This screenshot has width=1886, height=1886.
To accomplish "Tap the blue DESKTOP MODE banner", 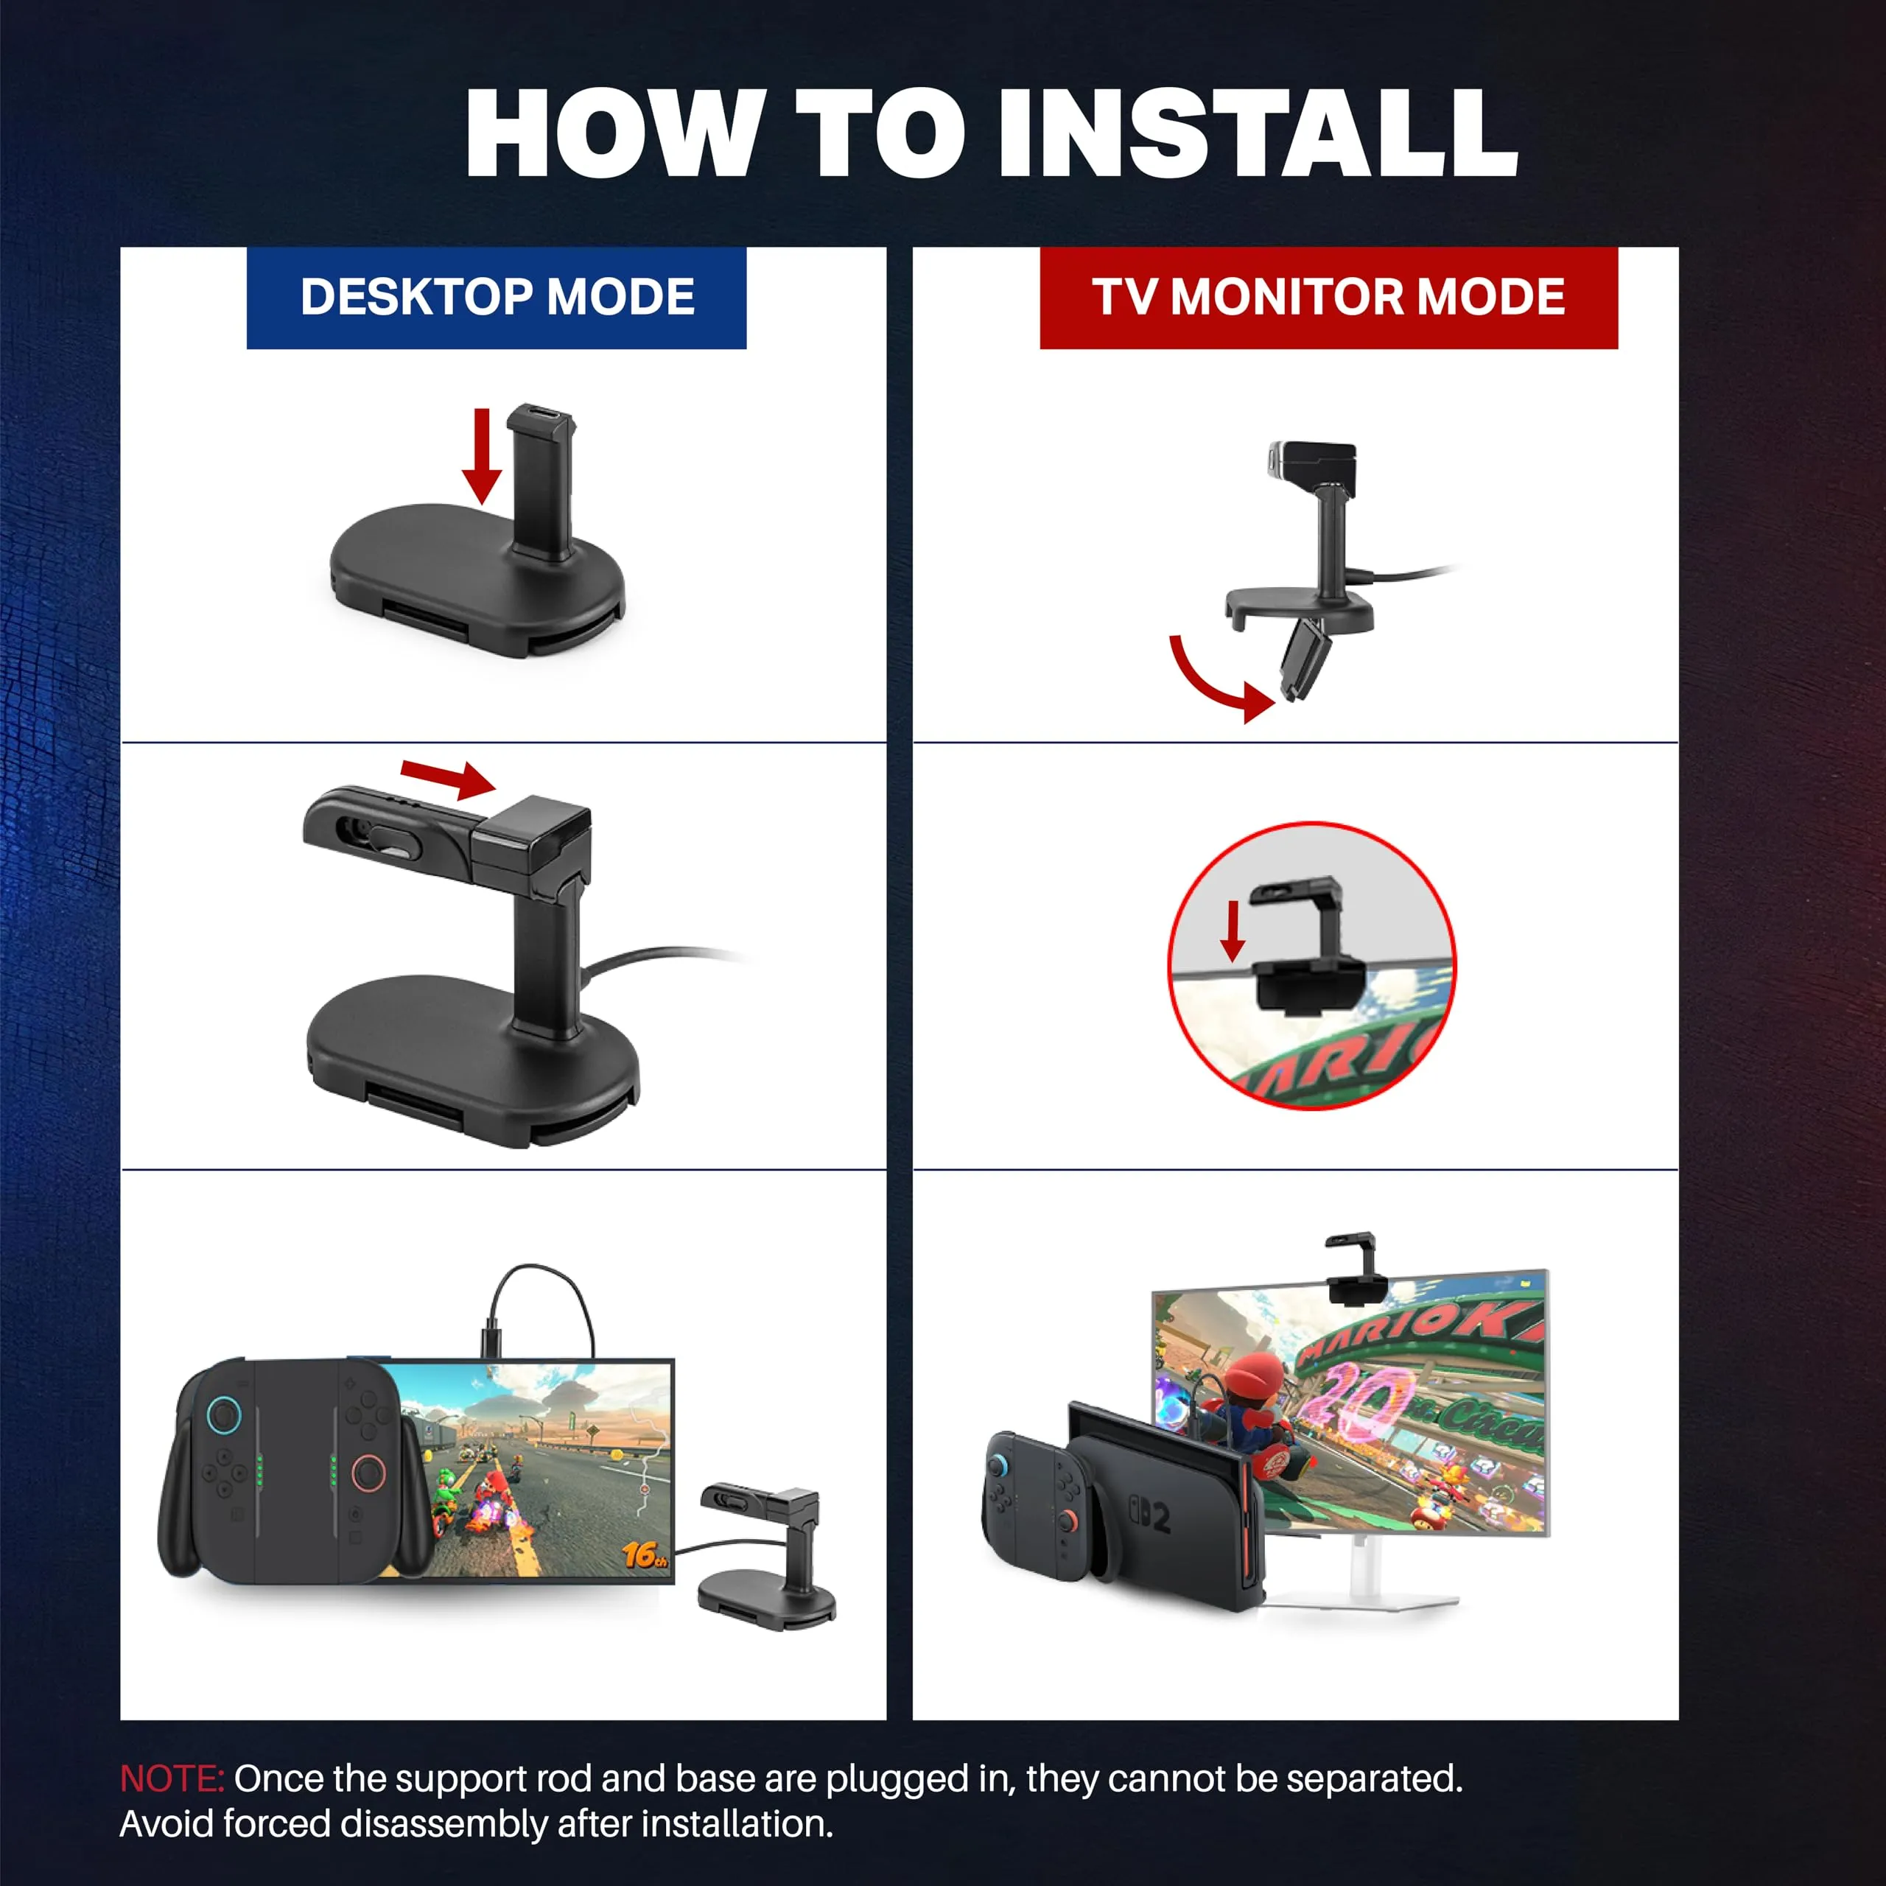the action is click(496, 298).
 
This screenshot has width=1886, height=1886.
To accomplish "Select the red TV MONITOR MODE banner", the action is click(1328, 298).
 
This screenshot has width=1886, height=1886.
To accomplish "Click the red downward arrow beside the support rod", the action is click(481, 456).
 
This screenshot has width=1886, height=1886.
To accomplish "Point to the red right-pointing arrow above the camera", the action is click(448, 777).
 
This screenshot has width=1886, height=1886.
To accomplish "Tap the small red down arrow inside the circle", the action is click(1233, 930).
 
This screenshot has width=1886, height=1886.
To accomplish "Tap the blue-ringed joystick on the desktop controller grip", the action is click(223, 1412).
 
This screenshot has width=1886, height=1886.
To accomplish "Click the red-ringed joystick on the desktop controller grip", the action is click(368, 1473).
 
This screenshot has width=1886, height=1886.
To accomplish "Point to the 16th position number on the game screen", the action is click(645, 1554).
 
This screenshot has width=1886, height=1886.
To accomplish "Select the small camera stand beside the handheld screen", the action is click(767, 1556).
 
